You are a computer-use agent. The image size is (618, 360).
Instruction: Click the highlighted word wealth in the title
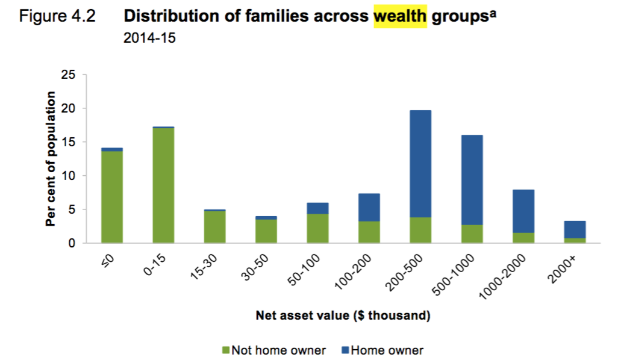click(x=400, y=16)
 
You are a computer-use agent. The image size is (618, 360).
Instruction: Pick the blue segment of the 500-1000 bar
click(x=472, y=180)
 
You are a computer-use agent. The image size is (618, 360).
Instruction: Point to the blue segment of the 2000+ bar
click(x=575, y=229)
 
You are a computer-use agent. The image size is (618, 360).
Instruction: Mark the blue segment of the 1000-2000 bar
click(x=523, y=211)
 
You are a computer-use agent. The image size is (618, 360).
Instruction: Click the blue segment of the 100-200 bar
click(x=369, y=207)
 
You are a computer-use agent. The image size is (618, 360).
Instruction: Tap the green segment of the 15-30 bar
click(x=215, y=227)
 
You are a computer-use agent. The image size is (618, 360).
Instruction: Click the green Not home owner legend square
click(x=226, y=350)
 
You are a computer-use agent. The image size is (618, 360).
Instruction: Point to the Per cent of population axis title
click(x=51, y=159)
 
